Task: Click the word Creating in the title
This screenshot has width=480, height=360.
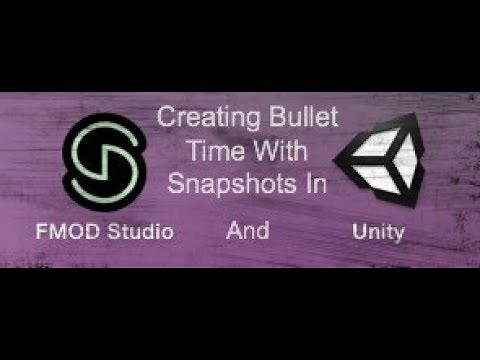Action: tap(199, 119)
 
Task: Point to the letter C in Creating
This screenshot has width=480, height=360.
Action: tap(166, 119)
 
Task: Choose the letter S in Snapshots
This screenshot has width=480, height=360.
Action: tap(177, 184)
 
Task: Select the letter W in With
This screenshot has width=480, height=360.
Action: tap(258, 152)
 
